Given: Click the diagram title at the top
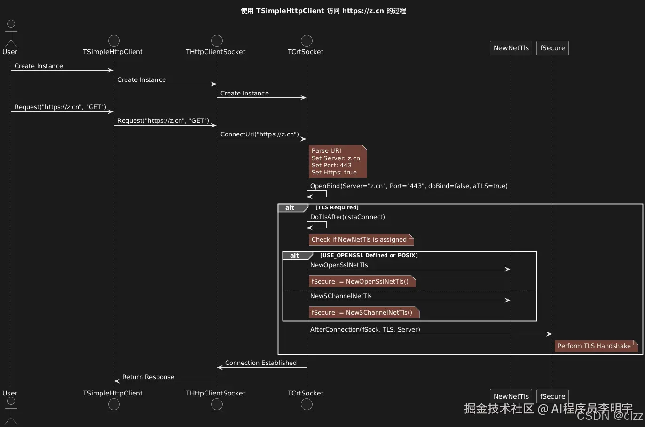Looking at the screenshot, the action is [323, 11].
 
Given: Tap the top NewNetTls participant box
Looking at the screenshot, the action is [511, 48].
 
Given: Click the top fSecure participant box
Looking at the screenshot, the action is [552, 48].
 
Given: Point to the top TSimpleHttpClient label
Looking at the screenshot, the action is [112, 52].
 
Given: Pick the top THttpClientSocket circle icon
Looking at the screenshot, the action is [217, 40].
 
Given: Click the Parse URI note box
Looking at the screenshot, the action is [337, 161].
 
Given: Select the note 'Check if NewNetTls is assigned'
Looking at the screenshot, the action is [361, 240].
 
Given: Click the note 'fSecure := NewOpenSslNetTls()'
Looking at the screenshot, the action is [362, 282].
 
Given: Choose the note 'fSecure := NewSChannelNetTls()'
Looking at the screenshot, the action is [363, 313].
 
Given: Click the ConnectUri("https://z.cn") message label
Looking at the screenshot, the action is [260, 134].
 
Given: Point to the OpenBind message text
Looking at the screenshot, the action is [409, 186].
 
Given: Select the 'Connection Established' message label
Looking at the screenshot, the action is [260, 363].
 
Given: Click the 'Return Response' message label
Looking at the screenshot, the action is [148, 377].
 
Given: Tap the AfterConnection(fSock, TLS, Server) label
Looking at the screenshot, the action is [365, 330].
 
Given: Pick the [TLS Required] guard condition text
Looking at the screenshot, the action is [337, 207].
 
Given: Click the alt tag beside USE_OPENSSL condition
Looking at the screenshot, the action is [295, 255].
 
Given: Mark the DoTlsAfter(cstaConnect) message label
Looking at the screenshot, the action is [347, 217].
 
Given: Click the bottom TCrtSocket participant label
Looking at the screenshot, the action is [306, 393].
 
